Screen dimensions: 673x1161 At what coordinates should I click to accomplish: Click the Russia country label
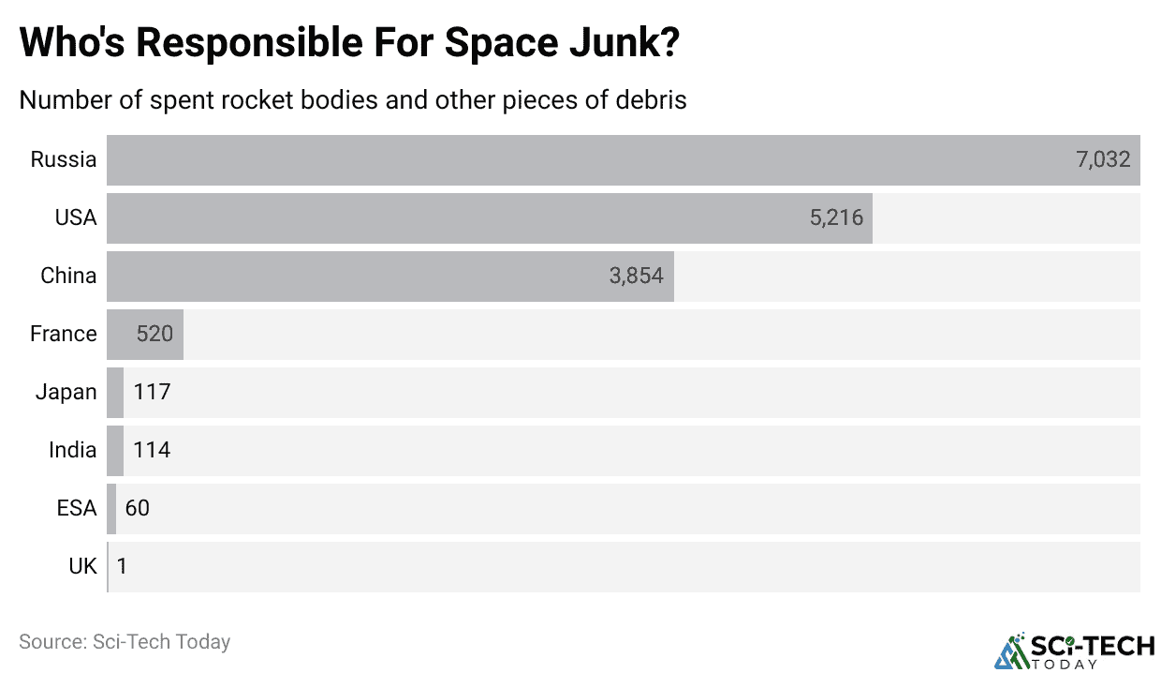coord(64,159)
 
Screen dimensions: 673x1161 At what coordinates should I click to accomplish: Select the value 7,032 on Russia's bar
coord(1103,159)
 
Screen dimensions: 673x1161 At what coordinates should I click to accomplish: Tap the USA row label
coord(76,217)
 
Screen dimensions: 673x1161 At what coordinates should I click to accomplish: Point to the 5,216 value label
coord(836,217)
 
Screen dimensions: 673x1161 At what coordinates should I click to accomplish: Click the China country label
coord(68,276)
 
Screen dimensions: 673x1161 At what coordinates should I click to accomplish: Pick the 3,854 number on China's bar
coord(636,276)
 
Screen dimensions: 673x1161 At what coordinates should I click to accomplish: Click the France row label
coord(64,334)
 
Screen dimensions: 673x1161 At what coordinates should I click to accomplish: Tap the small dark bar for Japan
coord(115,392)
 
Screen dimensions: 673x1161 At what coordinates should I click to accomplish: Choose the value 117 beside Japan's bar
coord(152,392)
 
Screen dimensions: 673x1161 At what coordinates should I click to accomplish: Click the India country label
coord(73,450)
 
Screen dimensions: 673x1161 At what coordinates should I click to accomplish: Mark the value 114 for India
coord(152,450)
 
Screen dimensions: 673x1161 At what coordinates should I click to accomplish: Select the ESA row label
coord(77,508)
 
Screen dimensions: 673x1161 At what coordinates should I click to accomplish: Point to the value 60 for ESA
coord(137,508)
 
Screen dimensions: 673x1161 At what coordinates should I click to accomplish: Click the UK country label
coord(82,566)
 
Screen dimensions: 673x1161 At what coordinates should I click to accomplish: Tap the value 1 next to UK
coord(122,566)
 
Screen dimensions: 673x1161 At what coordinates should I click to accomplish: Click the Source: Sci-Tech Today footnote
coord(125,642)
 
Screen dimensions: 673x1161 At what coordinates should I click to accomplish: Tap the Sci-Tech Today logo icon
coord(1010,651)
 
